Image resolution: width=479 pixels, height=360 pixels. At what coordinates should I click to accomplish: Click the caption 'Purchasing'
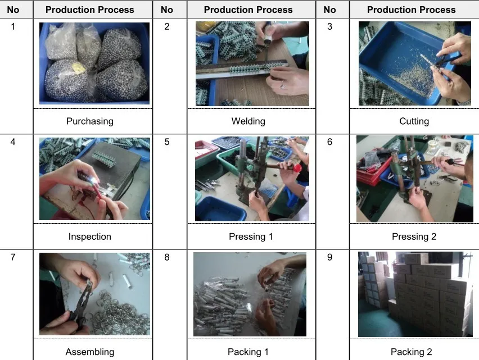coord(90,121)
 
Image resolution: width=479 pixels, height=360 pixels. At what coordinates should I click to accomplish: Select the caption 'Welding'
coord(248,121)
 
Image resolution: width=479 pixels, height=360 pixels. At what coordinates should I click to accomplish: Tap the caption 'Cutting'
coord(414,121)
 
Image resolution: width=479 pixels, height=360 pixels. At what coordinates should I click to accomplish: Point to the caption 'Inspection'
coord(90,237)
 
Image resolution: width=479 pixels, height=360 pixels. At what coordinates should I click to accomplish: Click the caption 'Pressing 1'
coord(251,237)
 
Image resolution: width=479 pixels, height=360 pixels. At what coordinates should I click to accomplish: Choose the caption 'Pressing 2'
coord(414,237)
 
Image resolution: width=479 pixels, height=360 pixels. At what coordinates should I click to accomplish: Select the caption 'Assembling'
coord(90,352)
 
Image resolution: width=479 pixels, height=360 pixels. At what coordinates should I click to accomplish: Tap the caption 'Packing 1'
coord(248,352)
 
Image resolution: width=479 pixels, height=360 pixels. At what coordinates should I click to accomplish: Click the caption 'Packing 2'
coord(412,352)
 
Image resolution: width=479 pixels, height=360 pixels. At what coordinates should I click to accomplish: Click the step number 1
coord(13,26)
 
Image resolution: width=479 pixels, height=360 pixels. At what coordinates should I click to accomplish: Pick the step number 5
coord(167,142)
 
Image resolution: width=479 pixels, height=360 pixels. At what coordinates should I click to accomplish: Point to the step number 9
coord(329,257)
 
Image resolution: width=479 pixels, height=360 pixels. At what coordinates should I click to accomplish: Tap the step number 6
coord(329,142)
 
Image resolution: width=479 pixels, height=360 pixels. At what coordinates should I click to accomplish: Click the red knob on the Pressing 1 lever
coord(297,167)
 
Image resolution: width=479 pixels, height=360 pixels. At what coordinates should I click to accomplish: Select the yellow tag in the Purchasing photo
coord(78,68)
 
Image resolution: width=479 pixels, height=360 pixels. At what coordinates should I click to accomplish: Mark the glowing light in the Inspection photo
coord(94,181)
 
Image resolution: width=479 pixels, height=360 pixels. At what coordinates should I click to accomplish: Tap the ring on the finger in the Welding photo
coord(283,85)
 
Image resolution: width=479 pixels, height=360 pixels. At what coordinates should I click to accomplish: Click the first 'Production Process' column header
coord(90,10)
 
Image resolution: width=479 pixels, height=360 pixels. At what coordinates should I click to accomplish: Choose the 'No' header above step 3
coord(329,10)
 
